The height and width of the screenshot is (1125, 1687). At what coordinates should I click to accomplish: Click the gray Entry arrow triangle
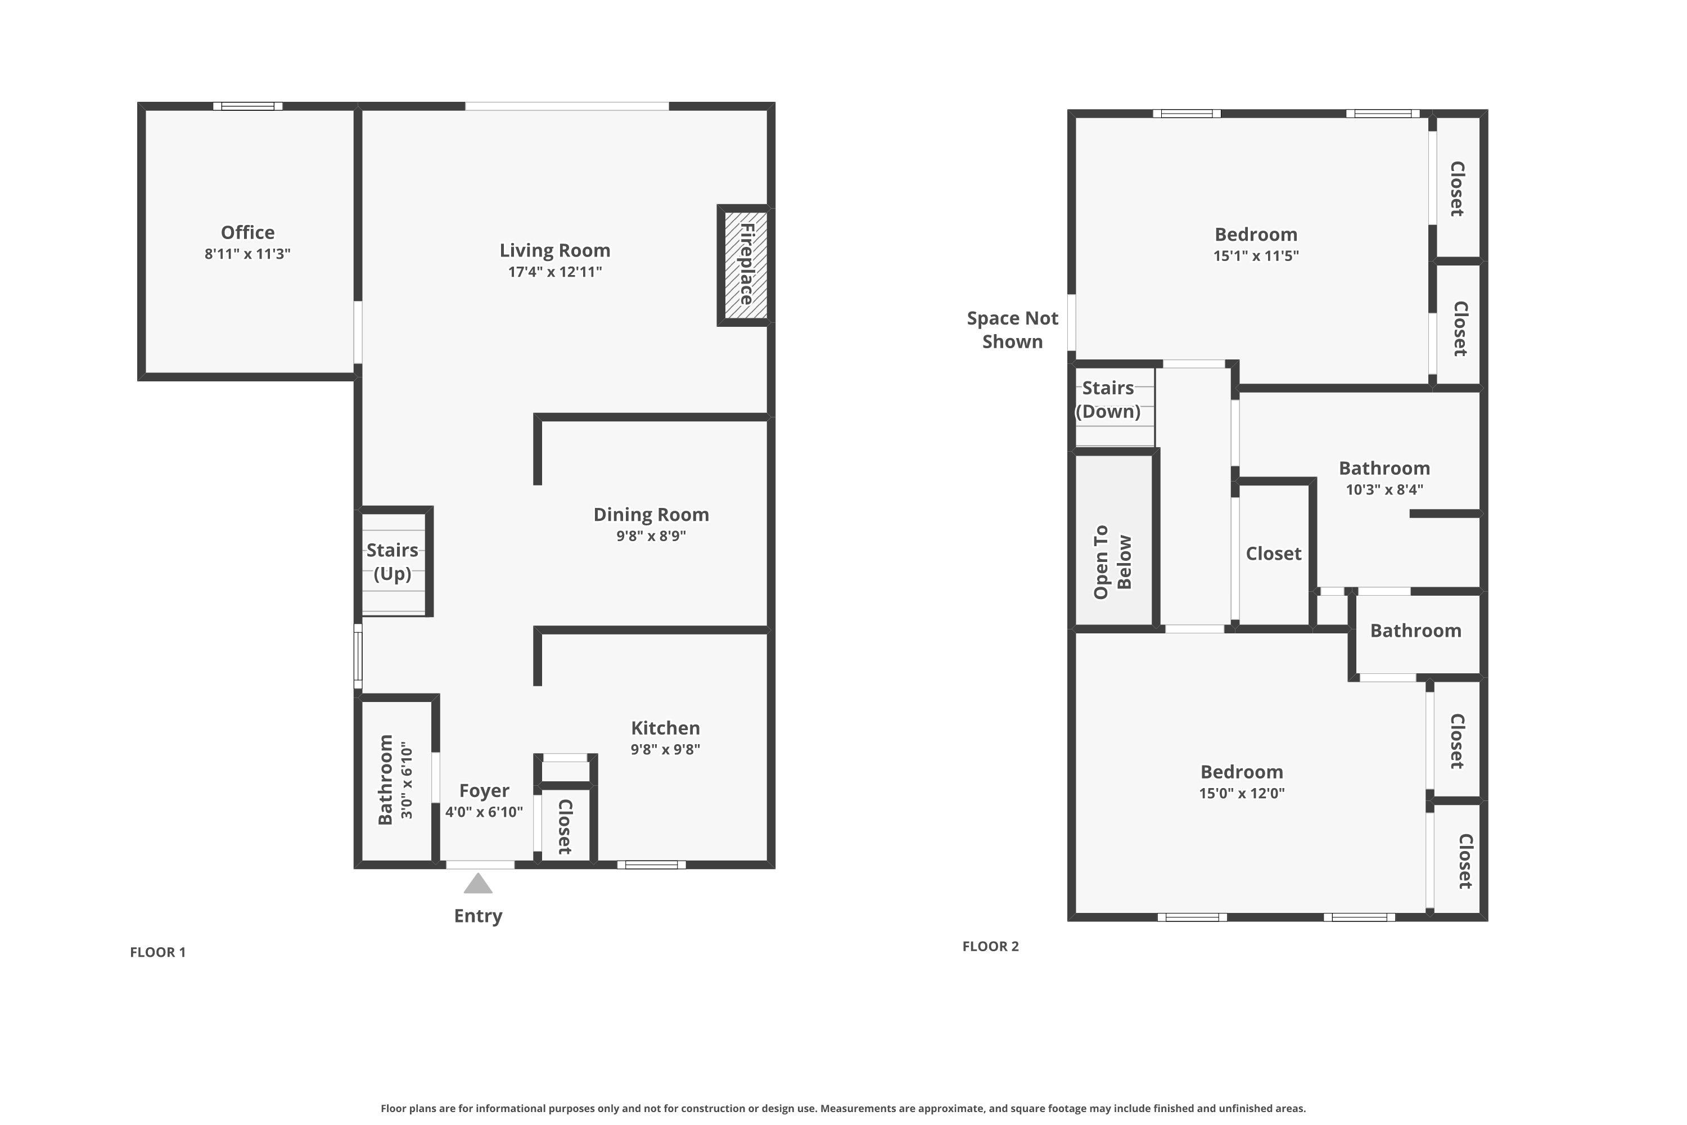[x=477, y=883]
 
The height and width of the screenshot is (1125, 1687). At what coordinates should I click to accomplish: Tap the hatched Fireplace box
[x=745, y=265]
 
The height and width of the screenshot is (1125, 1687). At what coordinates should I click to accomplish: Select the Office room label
[x=247, y=232]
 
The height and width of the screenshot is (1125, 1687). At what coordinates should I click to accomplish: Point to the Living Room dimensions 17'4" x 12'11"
[x=554, y=272]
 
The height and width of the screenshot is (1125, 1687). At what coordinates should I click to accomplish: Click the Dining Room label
[x=651, y=515]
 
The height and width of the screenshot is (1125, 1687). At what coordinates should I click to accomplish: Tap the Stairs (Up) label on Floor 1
[x=393, y=562]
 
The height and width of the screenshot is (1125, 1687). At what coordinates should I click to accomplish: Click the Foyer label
[x=484, y=791]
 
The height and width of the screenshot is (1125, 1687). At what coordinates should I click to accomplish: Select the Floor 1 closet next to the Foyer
[x=565, y=825]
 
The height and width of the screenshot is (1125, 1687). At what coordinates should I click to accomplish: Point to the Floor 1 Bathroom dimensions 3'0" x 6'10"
[x=407, y=781]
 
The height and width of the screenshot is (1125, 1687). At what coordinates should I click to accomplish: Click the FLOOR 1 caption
[x=158, y=952]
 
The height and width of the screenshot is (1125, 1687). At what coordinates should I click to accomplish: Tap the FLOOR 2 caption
[x=990, y=946]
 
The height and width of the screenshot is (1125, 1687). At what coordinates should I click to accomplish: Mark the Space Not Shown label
[x=1012, y=330]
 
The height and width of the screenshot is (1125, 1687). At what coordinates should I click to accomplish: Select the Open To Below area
[x=1114, y=540]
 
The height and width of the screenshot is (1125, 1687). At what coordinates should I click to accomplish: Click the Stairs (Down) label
[x=1108, y=399]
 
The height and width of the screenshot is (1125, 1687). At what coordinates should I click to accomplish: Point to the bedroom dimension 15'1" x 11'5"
[x=1256, y=256]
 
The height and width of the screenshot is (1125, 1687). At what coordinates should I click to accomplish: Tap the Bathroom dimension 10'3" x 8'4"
[x=1384, y=490]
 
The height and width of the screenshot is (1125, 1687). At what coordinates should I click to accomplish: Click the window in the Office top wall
[x=247, y=106]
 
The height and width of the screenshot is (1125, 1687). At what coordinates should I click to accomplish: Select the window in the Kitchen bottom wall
[x=651, y=865]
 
